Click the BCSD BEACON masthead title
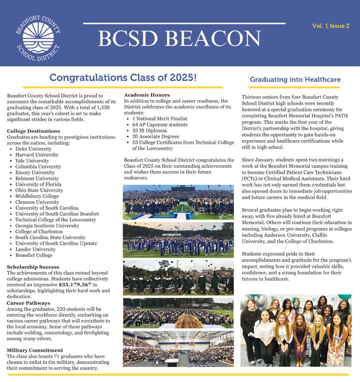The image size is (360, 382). coord(179,38)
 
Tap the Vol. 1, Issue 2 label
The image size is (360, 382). coord(330,25)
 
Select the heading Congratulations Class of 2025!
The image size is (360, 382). coord(123,78)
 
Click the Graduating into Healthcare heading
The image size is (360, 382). coord(295,79)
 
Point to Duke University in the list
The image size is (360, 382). coord(33,149)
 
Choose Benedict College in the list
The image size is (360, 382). coord(33,255)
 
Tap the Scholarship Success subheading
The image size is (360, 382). coord(33,267)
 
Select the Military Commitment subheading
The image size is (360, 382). coord(35,350)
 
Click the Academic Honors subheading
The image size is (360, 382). coord(147,95)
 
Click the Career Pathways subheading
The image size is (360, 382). coord(28,303)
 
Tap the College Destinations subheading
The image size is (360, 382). coord(33,131)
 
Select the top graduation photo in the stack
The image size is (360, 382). coord(178,202)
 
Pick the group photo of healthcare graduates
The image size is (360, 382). coord(295,331)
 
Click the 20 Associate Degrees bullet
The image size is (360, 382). coord(156,136)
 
